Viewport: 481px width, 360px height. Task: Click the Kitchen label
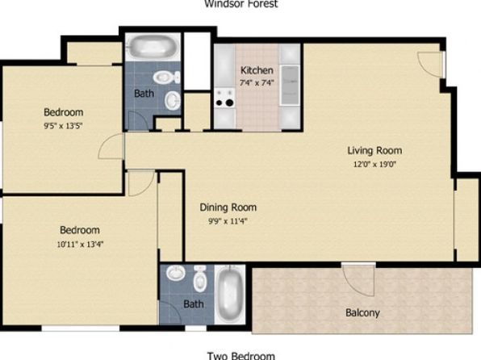click(x=257, y=70)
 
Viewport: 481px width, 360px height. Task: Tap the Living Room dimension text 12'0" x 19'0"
click(x=374, y=164)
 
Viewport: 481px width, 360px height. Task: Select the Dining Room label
click(x=228, y=207)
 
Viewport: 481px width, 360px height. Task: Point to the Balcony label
click(x=362, y=312)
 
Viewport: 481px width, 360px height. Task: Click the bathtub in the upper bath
click(x=153, y=48)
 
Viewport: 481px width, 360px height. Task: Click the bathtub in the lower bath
click(x=230, y=295)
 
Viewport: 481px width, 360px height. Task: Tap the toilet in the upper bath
click(x=166, y=77)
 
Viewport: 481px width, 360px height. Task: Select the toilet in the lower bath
click(x=200, y=278)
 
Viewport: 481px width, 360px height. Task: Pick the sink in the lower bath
click(x=175, y=273)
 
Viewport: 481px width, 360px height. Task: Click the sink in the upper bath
click(x=173, y=100)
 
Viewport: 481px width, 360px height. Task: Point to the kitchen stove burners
click(x=224, y=98)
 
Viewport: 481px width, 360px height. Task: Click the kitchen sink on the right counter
click(x=290, y=85)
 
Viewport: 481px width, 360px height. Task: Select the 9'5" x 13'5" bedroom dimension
click(x=63, y=126)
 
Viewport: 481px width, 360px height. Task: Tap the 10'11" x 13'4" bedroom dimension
click(x=80, y=245)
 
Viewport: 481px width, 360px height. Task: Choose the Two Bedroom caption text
click(x=241, y=356)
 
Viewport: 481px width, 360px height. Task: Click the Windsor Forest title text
click(x=241, y=4)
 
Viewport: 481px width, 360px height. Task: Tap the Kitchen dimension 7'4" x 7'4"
click(x=257, y=82)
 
